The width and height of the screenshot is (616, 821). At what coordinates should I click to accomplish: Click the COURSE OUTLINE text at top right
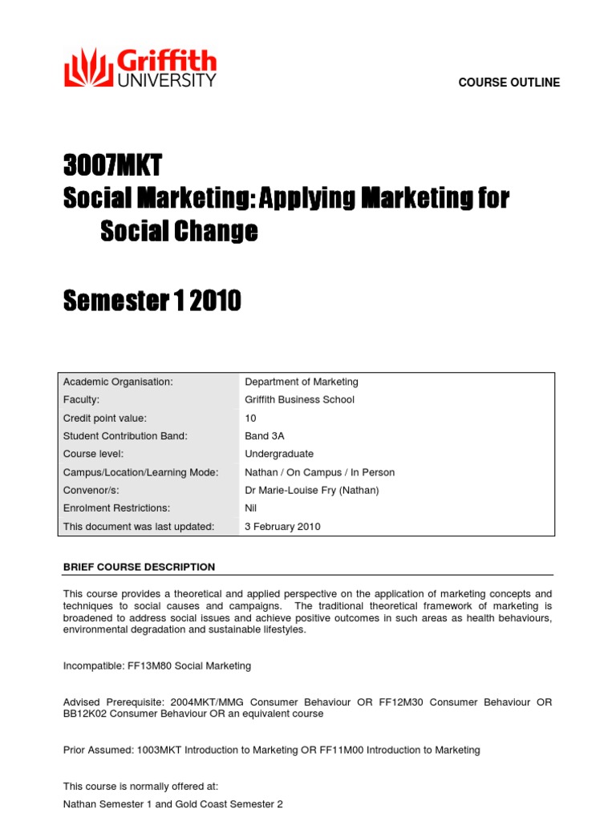pyautogui.click(x=509, y=83)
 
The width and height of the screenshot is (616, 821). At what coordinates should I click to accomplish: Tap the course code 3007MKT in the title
pyautogui.click(x=112, y=167)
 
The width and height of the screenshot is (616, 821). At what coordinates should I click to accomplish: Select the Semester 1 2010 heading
pyautogui.click(x=152, y=301)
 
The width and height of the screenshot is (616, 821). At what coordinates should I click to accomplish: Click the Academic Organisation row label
pyautogui.click(x=118, y=382)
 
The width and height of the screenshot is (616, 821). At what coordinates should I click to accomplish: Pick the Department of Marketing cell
pyautogui.click(x=301, y=382)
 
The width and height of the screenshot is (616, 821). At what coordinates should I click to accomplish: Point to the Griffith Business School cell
pyautogui.click(x=299, y=399)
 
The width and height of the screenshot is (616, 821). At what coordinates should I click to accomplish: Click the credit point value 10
pyautogui.click(x=250, y=418)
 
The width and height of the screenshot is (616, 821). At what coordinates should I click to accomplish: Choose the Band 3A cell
pyautogui.click(x=264, y=436)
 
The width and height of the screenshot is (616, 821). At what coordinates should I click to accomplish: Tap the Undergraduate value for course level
pyautogui.click(x=278, y=454)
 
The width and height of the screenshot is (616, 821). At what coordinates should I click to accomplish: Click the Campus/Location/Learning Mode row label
pyautogui.click(x=140, y=472)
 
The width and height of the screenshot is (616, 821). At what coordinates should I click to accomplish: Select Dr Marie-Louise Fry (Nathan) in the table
pyautogui.click(x=311, y=490)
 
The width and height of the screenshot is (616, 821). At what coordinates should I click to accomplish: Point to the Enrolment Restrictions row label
pyautogui.click(x=116, y=508)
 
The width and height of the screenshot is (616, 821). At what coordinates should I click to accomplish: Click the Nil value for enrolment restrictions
pyautogui.click(x=250, y=508)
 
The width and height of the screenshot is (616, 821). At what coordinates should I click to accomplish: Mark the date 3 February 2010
pyautogui.click(x=282, y=527)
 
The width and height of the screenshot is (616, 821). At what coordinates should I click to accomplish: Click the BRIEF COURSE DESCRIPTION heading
pyautogui.click(x=139, y=567)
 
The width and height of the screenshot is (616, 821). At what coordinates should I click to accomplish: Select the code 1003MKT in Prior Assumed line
pyautogui.click(x=156, y=750)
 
